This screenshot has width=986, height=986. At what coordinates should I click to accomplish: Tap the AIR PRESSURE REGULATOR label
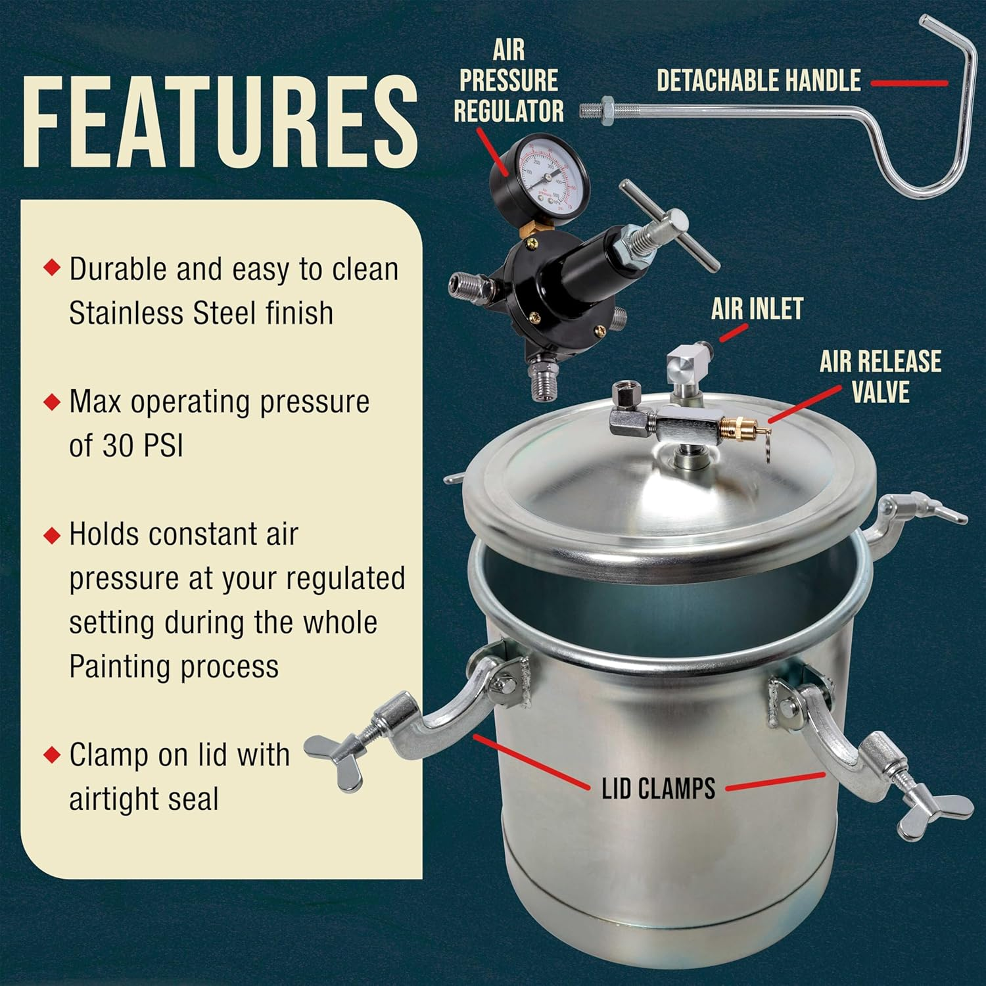509,82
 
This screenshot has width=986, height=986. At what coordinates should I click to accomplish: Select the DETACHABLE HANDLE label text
759,81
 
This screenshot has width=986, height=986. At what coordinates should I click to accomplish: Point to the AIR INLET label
757,309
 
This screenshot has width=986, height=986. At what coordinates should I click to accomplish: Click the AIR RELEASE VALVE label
880,377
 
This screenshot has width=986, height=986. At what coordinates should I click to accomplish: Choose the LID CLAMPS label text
658,788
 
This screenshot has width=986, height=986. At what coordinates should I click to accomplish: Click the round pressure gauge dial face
543,173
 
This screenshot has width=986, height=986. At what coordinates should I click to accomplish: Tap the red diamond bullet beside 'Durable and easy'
52,268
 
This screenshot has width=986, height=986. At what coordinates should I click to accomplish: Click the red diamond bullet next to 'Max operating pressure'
52,401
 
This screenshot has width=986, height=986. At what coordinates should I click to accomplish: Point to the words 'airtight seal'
143,799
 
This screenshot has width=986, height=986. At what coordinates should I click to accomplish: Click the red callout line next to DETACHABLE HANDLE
909,83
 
